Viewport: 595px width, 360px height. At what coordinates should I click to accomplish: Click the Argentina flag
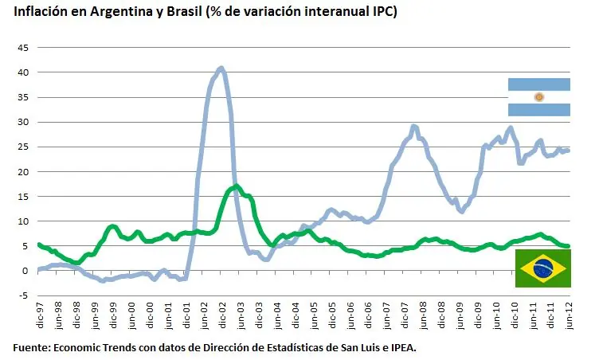[538, 97]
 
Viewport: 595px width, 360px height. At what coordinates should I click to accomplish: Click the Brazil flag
[542, 268]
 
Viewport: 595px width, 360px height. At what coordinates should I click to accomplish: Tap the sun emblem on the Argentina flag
[538, 97]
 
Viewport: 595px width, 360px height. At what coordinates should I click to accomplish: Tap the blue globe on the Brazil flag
[542, 268]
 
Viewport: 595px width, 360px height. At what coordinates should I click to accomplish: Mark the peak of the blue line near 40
[221, 68]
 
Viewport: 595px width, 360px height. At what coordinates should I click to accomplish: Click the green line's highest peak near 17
[236, 186]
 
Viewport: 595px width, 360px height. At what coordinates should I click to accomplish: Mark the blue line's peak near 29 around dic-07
[413, 126]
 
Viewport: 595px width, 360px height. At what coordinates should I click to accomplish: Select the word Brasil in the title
[166, 13]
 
